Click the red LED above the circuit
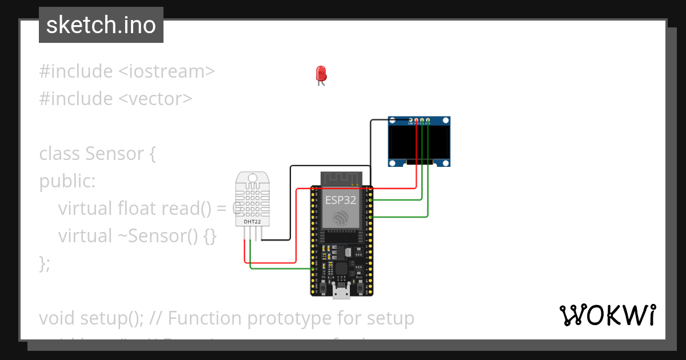click(x=321, y=74)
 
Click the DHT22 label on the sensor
click(x=252, y=221)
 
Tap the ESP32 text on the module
click(x=341, y=200)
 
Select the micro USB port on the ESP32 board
click(x=342, y=293)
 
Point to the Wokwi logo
click(x=607, y=315)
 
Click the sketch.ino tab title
click(x=101, y=25)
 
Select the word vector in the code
click(x=155, y=98)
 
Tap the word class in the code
click(x=60, y=153)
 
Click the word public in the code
click(x=65, y=181)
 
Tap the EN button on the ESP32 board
click(x=324, y=288)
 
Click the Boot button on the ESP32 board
click(x=360, y=288)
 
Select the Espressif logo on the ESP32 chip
click(x=341, y=218)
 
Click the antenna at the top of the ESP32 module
click(x=341, y=178)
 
